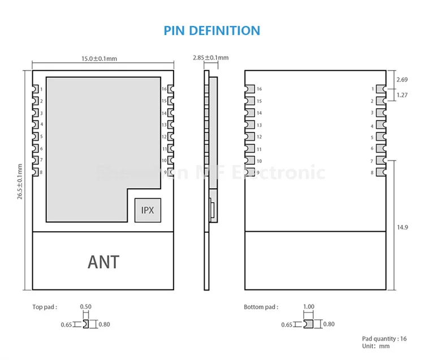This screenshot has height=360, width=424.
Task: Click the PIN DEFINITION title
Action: (x=212, y=31)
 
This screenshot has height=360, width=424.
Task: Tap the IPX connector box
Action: (x=148, y=210)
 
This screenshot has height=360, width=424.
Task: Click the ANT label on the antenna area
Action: (x=103, y=262)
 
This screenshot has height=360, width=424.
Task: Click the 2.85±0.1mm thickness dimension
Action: (x=210, y=58)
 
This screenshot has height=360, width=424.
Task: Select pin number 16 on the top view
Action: (x=164, y=89)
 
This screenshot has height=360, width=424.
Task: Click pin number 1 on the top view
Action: (x=41, y=89)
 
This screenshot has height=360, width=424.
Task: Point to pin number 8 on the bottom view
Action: (x=372, y=172)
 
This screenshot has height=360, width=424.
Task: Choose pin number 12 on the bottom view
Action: (x=259, y=137)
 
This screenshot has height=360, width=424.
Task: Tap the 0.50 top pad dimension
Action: (x=85, y=307)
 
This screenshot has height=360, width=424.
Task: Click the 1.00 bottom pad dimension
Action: (x=308, y=307)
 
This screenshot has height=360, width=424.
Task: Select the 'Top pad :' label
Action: (x=45, y=307)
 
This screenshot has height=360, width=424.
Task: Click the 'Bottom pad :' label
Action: (x=261, y=307)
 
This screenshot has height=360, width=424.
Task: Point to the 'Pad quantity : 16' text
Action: (x=384, y=339)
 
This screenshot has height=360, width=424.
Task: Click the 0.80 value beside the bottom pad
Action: (x=329, y=324)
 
